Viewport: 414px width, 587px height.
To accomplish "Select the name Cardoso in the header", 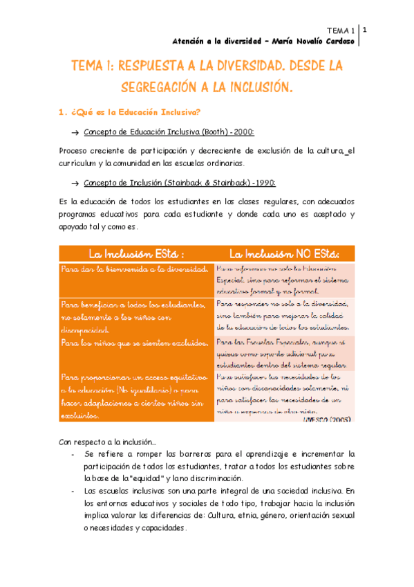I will [x=335, y=41].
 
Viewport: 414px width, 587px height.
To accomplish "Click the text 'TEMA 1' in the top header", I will [x=341, y=30].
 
